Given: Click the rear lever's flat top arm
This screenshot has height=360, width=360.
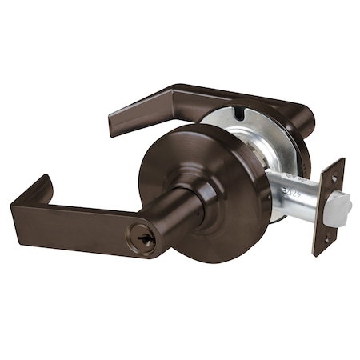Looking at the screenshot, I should (192, 98).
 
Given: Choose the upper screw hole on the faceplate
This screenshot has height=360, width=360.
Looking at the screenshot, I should (334, 177).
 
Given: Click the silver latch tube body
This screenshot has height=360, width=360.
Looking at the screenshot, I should (296, 192).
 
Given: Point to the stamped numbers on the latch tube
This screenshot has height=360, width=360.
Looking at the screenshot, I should (296, 194).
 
